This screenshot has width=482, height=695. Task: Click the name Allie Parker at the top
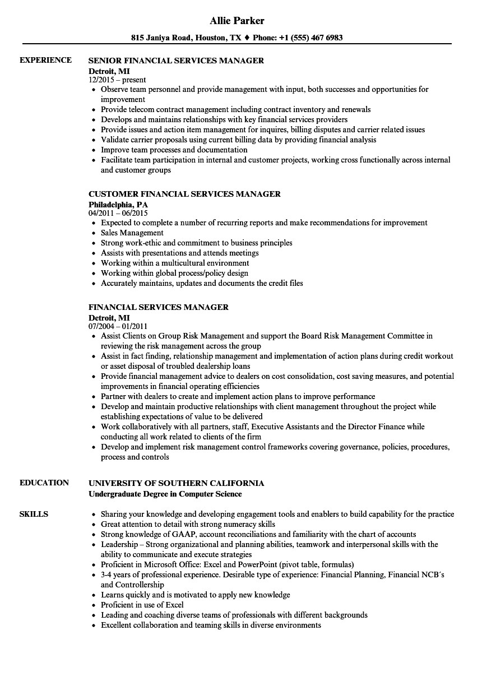[237, 21]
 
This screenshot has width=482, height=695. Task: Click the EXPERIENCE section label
[45, 60]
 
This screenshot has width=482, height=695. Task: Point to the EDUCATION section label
[44, 483]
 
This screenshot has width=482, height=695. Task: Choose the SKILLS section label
[34, 514]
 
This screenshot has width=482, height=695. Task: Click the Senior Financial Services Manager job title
[176, 60]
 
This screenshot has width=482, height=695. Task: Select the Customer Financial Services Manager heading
[184, 194]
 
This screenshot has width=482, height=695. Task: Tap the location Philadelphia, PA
[118, 205]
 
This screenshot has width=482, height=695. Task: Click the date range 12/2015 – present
[117, 80]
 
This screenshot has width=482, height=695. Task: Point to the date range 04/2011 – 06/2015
[118, 214]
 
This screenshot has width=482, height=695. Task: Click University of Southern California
[176, 483]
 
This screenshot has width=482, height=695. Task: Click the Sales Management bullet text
[132, 233]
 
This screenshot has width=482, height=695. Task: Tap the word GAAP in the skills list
[184, 534]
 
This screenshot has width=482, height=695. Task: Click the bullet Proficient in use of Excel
[142, 605]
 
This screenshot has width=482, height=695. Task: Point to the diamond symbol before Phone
[248, 38]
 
